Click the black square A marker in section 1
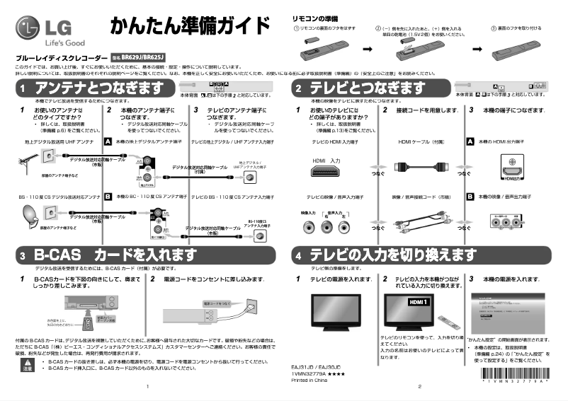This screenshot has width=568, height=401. (108, 141)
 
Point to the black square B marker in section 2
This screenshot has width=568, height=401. (470, 196)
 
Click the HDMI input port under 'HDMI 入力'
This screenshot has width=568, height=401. (326, 173)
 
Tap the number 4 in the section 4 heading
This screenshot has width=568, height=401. (299, 254)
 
